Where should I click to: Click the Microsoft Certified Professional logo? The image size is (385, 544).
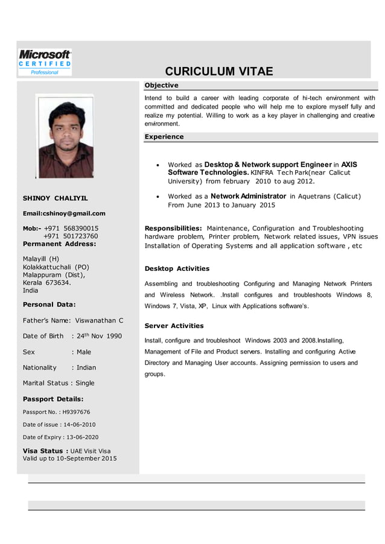[45, 62]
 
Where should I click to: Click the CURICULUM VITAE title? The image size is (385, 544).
[219, 72]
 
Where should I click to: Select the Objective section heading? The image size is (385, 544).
[161, 85]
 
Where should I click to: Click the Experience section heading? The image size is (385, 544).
[164, 137]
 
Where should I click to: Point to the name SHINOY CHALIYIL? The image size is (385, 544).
[55, 198]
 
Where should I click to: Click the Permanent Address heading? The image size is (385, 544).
[59, 244]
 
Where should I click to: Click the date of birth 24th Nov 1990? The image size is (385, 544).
[98, 336]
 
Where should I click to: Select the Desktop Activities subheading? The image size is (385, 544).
[177, 268]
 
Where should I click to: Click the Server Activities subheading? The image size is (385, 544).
[174, 326]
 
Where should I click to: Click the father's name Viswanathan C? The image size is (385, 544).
[99, 320]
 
